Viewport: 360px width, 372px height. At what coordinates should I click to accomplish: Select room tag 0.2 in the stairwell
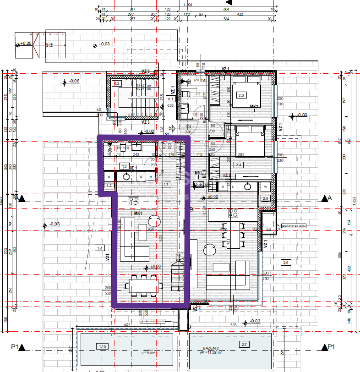tap(116, 83)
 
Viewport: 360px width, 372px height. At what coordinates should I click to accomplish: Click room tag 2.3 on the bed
tap(241, 95)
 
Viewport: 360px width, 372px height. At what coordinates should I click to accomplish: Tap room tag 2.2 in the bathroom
tap(198, 94)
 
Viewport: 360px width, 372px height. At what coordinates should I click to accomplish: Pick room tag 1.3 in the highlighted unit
tap(123, 166)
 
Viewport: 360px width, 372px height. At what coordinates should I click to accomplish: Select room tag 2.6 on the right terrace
tap(286, 262)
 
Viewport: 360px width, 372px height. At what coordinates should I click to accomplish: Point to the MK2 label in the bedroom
tap(254, 107)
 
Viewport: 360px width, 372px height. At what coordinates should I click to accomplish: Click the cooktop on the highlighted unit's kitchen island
tap(134, 200)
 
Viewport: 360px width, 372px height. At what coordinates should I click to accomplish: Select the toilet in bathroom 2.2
tap(186, 94)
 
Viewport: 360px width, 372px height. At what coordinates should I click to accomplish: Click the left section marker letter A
tap(17, 198)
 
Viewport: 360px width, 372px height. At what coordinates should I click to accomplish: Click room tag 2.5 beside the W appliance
tap(266, 198)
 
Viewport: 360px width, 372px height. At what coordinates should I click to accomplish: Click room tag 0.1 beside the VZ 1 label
tap(171, 98)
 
